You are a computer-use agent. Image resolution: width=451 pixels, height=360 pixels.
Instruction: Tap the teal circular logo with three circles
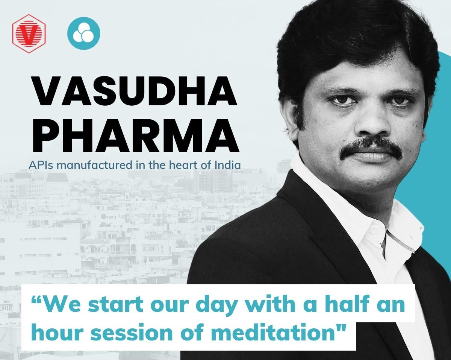coord(83,32)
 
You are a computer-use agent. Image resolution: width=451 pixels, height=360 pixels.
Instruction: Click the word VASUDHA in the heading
coord(135,92)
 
